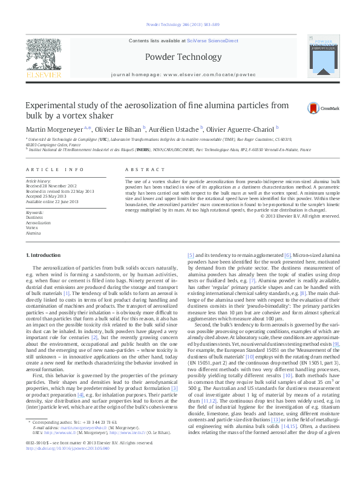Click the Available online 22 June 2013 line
click(x=53, y=200)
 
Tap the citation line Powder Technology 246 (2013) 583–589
click(x=180, y=25)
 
